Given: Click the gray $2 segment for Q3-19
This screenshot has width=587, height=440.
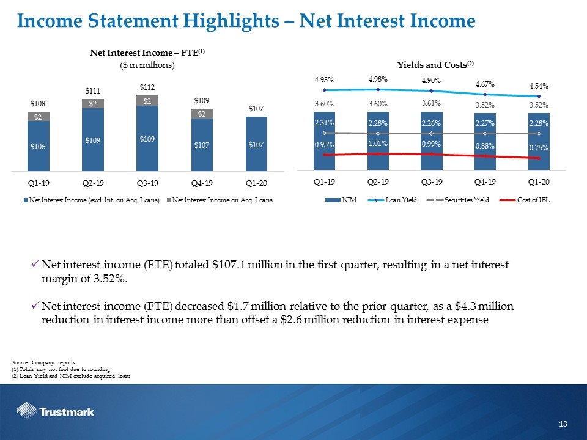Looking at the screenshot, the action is (147, 101).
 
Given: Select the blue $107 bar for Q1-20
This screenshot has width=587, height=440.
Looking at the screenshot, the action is (256, 144).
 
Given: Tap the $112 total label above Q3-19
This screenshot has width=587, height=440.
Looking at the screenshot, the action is (147, 87).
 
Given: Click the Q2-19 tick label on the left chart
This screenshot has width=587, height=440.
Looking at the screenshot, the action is (93, 183).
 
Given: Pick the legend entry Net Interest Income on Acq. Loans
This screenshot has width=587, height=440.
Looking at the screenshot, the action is (221, 200).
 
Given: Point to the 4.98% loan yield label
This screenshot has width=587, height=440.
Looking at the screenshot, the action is (378, 79).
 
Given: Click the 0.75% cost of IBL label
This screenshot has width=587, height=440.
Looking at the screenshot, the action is (539, 147).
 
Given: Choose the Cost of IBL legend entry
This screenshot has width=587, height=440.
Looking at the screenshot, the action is (525, 200).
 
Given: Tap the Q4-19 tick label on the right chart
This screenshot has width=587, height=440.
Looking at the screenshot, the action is (485, 182).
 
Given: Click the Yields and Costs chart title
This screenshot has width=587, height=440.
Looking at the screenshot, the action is (435, 65).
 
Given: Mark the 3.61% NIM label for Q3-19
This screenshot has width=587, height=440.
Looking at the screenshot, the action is (431, 103).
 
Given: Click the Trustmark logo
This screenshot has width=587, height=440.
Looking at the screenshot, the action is (56, 411).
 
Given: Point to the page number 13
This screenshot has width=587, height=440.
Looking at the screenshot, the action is (563, 424).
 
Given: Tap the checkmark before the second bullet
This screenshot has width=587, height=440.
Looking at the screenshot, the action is (35, 306).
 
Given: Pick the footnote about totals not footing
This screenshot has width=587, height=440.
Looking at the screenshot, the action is (61, 369).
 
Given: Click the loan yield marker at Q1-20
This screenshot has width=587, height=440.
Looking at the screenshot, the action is (539, 96).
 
